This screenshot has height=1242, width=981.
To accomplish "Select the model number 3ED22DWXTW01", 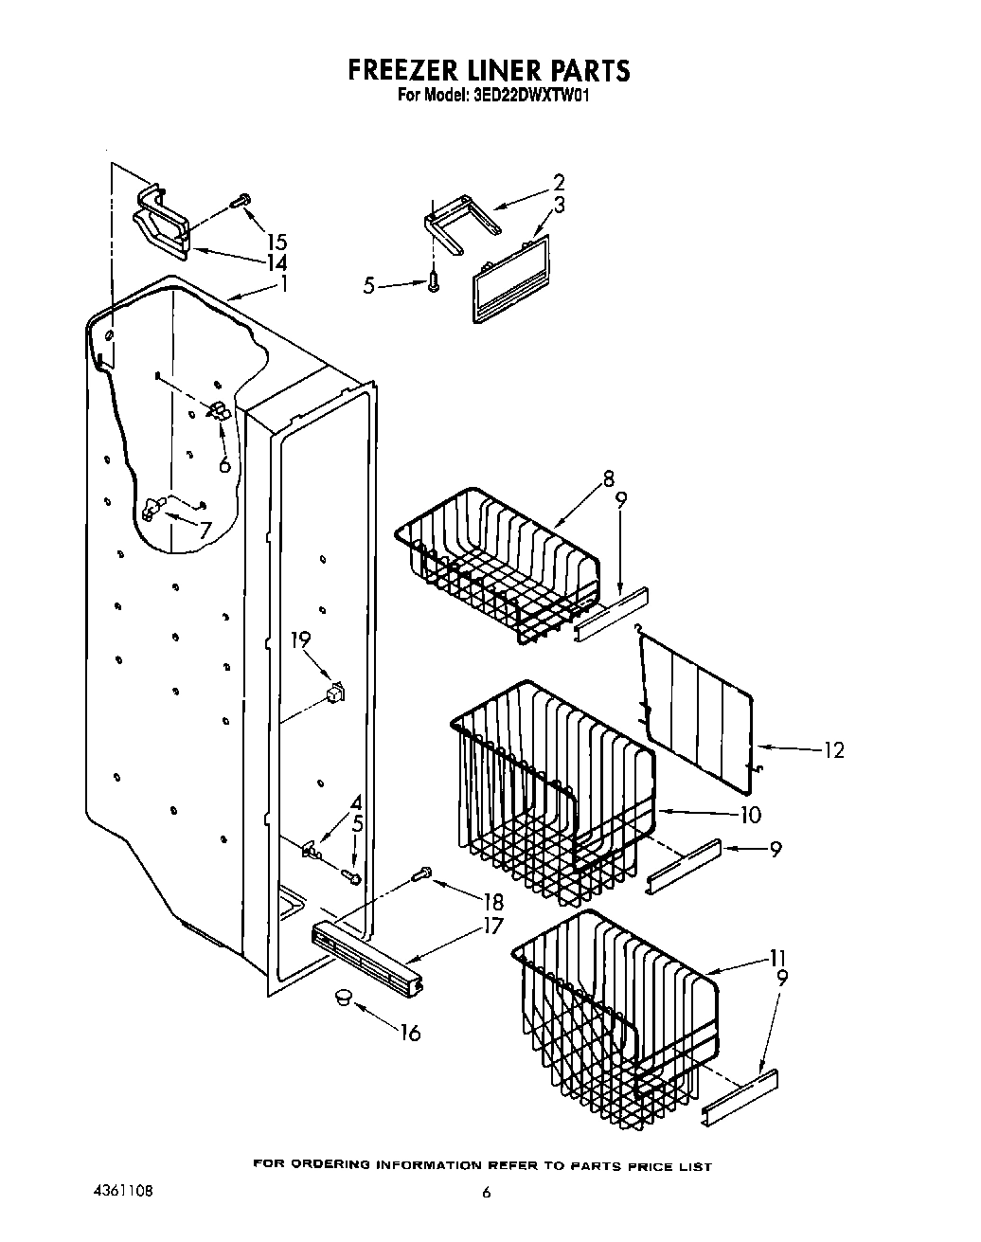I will point(530,95).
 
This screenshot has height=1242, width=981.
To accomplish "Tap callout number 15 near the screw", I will point(276,242).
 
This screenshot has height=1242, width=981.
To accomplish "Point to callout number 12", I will point(832,750).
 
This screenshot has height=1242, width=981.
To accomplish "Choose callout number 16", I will point(409,1032).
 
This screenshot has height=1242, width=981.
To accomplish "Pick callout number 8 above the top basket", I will point(607,479).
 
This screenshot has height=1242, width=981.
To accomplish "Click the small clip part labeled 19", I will point(333,694).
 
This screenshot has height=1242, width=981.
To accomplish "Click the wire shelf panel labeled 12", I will point(701,701).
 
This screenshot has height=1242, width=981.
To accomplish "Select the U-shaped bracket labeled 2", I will point(460,220).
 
